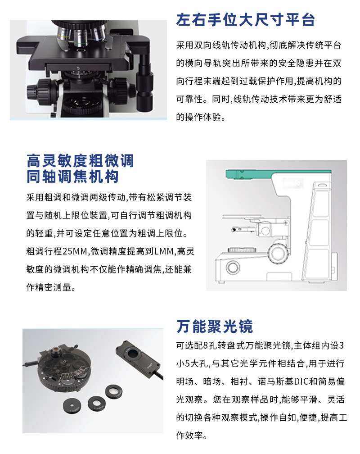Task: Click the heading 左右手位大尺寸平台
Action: (x=245, y=20)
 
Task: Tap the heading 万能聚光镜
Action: (x=215, y=326)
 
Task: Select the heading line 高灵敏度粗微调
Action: (x=81, y=161)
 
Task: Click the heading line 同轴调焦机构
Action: (x=72, y=177)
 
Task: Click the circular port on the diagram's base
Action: (x=233, y=267)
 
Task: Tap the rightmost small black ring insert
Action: (x=114, y=391)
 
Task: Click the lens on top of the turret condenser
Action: (x=55, y=352)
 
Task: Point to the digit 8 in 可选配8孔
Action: (x=206, y=345)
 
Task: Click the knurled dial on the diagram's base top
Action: (x=242, y=250)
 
